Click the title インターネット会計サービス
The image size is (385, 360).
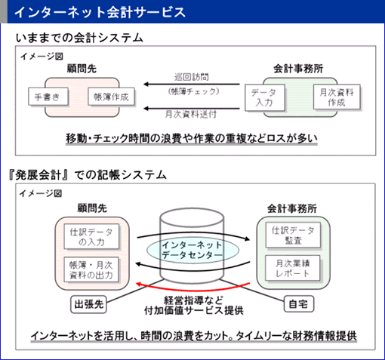[x=100, y=12]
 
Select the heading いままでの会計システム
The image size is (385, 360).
[x=79, y=38]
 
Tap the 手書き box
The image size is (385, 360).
[x=48, y=97]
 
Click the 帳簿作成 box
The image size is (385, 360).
[x=111, y=97]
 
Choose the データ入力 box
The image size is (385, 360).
[x=265, y=97]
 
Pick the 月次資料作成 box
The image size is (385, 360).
[x=337, y=97]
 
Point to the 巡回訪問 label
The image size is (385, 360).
[x=192, y=77]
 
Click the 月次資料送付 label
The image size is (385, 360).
[x=191, y=115]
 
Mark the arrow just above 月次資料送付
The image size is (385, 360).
[x=192, y=109]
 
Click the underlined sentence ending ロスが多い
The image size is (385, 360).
[x=192, y=138]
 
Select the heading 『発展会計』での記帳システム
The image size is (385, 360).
[x=88, y=175]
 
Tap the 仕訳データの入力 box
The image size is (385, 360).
[x=91, y=236]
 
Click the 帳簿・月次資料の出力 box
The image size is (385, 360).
[x=91, y=269]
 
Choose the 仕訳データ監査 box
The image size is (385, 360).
[x=294, y=235]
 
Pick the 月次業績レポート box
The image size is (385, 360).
[x=293, y=268]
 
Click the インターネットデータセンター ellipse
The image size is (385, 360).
[x=192, y=250]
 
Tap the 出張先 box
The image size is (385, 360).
[x=88, y=304]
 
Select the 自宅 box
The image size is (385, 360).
[x=299, y=304]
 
